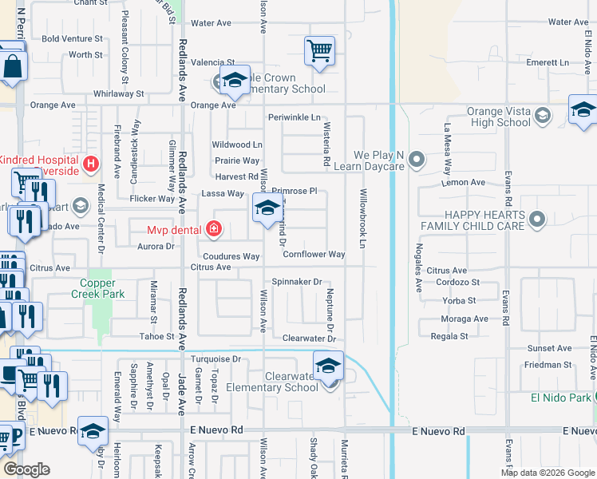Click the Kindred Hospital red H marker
click(x=91, y=164)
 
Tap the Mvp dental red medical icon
click(x=212, y=230)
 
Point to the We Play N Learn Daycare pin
click(x=416, y=160)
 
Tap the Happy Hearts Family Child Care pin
click(x=537, y=218)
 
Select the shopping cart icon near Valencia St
click(x=319, y=51)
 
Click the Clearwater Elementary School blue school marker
click(x=328, y=366)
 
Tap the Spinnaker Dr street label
click(x=296, y=282)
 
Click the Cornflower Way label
click(x=314, y=255)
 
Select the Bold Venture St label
click(x=72, y=38)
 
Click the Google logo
click(x=26, y=469)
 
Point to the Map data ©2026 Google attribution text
click(x=547, y=473)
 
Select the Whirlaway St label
click(x=118, y=93)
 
